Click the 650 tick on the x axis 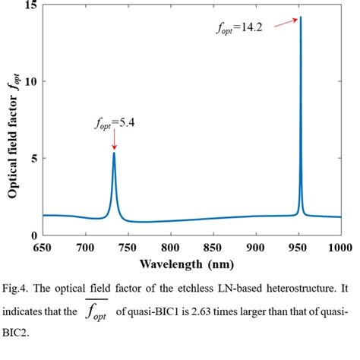click(43, 247)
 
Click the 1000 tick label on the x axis click(339, 247)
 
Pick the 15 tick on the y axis click(30, 5)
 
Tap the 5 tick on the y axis click(33, 159)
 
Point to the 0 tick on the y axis click(33, 235)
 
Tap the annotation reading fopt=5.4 click(113, 120)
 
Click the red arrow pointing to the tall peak click(284, 23)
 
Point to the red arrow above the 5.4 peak click(114, 140)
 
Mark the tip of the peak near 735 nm click(114, 153)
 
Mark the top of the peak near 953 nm click(301, 17)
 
